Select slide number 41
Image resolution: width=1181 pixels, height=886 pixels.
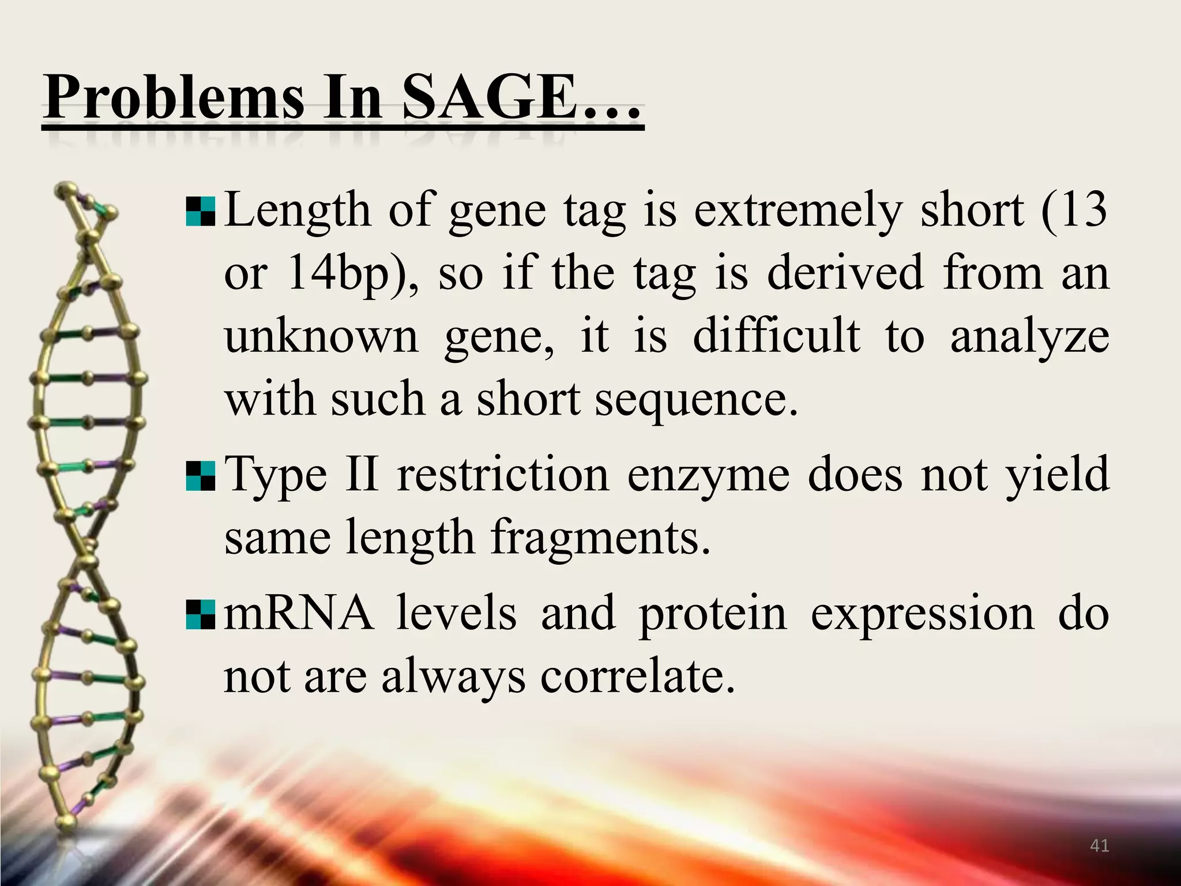[x=1100, y=846]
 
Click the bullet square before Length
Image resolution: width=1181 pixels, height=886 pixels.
[x=201, y=212]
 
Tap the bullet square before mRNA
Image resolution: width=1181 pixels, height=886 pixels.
[x=201, y=614]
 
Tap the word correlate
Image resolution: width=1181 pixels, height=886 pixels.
[x=637, y=676]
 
